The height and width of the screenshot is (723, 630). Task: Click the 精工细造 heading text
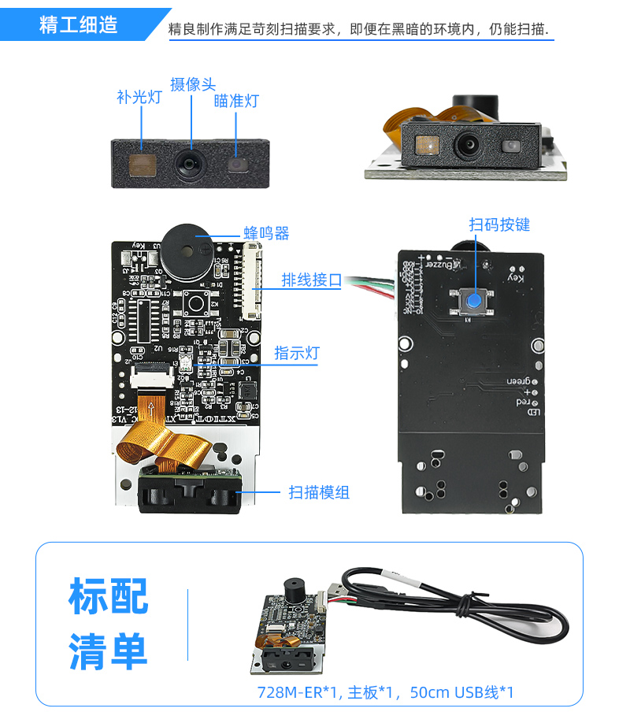click(79, 24)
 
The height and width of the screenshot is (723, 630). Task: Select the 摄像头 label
click(192, 84)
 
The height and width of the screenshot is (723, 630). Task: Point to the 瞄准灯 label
click(236, 101)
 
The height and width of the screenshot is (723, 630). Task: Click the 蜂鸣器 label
click(266, 233)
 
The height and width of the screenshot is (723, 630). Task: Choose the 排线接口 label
click(312, 280)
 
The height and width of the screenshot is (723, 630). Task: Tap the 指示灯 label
click(297, 354)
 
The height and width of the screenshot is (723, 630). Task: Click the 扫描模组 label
click(319, 492)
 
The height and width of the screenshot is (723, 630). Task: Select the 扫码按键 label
click(499, 224)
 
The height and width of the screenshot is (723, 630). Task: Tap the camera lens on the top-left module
click(190, 163)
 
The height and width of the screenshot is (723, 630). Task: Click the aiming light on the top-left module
click(237, 164)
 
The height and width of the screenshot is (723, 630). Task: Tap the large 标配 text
click(108, 596)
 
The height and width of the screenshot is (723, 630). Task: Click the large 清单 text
click(108, 651)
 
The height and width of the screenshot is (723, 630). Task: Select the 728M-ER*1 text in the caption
click(298, 693)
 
